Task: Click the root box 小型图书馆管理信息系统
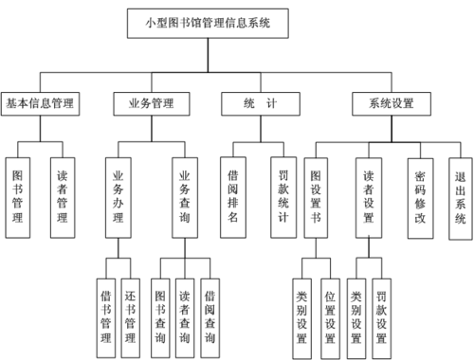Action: [x=206, y=24]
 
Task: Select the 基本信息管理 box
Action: [x=40, y=102]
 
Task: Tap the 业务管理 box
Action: [x=150, y=102]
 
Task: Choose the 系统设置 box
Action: [x=389, y=102]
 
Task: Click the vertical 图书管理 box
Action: [x=19, y=196]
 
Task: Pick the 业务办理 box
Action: [x=118, y=196]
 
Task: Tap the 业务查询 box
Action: [x=185, y=196]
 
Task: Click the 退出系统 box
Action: [x=461, y=196]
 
